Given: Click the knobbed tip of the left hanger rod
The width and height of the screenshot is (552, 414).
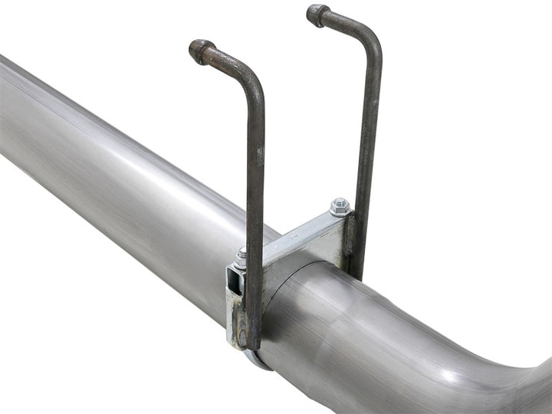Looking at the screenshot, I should [202, 51].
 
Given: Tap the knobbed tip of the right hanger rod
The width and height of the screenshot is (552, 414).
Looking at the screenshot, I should [317, 15].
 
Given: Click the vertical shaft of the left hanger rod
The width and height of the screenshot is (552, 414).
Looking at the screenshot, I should [255, 192].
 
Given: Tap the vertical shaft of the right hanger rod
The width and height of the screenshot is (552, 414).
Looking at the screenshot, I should [367, 153].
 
